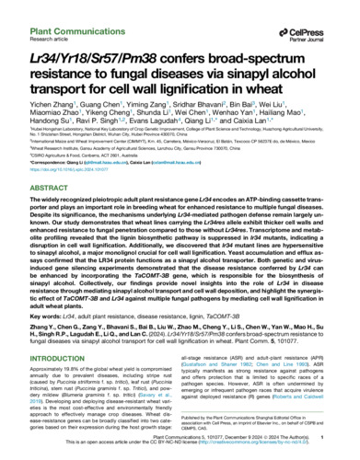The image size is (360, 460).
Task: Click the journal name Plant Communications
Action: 59,8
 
